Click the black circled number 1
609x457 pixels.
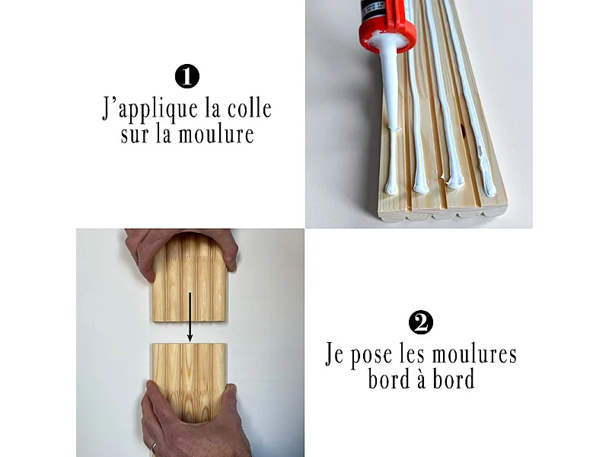(x=187, y=77)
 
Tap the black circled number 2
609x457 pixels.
(x=421, y=323)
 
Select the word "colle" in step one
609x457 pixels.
(x=249, y=108)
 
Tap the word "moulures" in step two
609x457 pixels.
(x=473, y=354)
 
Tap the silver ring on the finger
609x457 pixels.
(x=155, y=446)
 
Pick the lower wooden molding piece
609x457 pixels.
(x=190, y=377)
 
